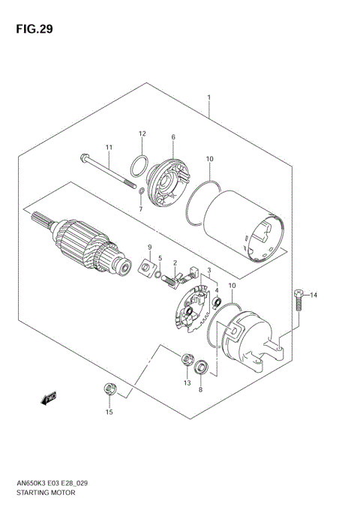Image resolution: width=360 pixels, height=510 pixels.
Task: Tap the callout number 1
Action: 208,98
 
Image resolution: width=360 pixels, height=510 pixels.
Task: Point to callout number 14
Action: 314,295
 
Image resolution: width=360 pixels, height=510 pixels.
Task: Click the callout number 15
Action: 109,412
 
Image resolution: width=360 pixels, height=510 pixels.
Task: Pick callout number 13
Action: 186,382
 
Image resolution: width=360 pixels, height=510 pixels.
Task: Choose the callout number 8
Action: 201,390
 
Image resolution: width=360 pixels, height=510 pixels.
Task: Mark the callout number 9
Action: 149,247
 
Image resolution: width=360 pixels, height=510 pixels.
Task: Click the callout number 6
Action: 172,137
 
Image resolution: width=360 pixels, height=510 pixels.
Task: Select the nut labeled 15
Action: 109,388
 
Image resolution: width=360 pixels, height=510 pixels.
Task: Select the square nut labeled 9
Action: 148,265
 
